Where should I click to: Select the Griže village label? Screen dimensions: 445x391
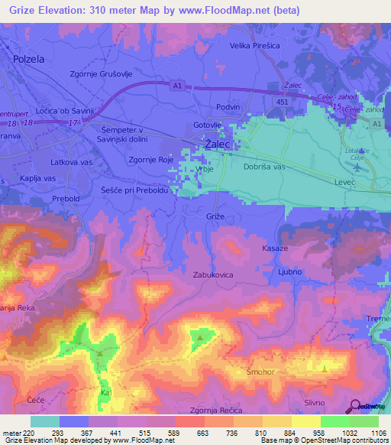(x=216, y=217)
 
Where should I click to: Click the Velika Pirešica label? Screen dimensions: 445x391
(x=259, y=46)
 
